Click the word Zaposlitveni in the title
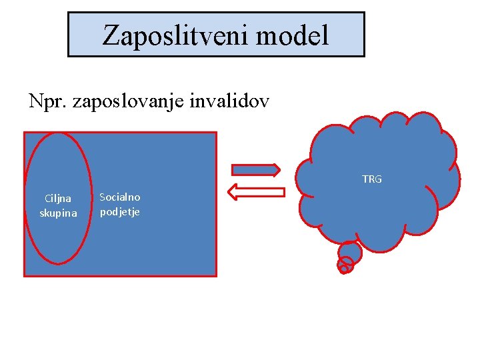point(177,35)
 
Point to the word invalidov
point(230,101)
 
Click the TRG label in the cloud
point(372,179)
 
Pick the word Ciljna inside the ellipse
point(58,198)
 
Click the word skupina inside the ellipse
point(58,213)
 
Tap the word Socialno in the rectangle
point(120,197)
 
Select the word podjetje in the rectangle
point(120,212)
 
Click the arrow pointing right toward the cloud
point(255,169)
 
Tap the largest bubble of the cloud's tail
point(350,253)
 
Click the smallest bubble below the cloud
point(343,269)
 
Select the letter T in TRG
point(365,179)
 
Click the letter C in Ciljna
point(47,198)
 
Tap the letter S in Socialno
point(102,197)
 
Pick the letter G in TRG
point(379,179)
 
